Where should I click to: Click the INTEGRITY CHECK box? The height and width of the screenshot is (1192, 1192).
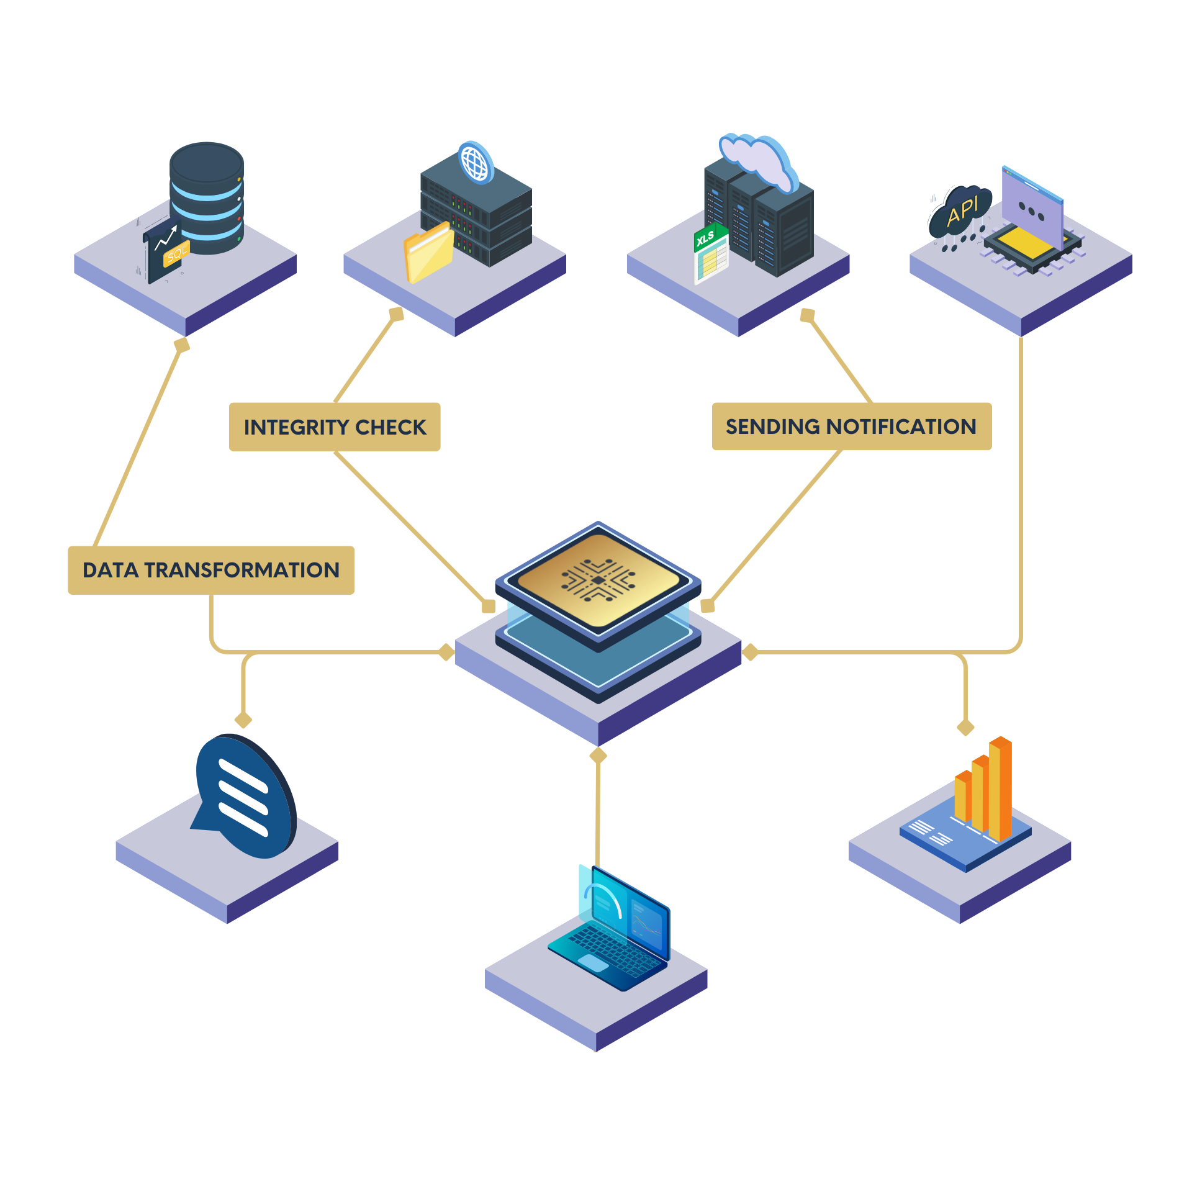pyautogui.click(x=335, y=427)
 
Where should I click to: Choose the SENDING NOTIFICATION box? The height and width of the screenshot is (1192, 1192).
pyautogui.click(x=851, y=427)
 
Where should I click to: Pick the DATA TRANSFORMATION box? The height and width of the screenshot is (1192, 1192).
pyautogui.click(x=211, y=570)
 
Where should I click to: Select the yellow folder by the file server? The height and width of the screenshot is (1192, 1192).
pyautogui.click(x=428, y=253)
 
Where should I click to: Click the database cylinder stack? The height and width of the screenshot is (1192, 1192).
pyautogui.click(x=207, y=197)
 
